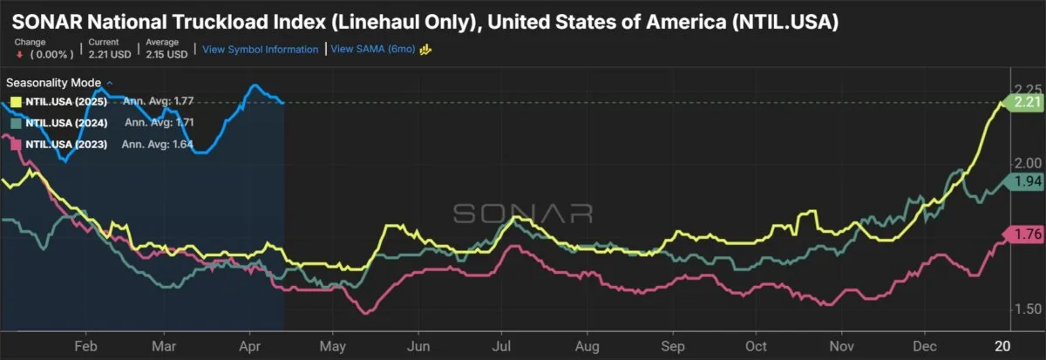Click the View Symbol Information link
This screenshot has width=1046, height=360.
coord(260,50)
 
